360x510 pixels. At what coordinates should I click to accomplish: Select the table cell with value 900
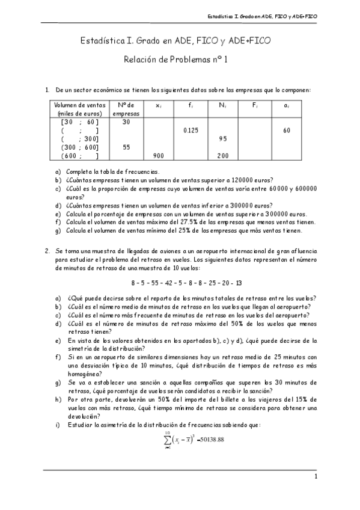coord(158,156)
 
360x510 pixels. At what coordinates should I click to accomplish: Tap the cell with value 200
coord(223,156)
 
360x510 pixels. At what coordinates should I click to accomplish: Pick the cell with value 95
coord(223,138)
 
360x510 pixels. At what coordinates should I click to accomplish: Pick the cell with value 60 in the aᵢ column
coord(287,130)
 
